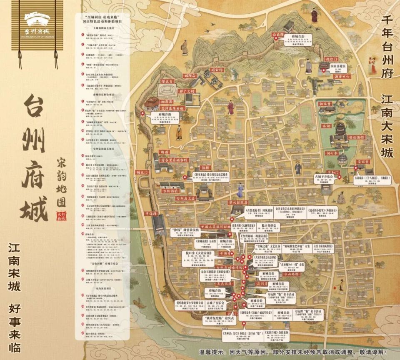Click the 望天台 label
point(167,82)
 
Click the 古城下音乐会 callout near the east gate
point(325,178)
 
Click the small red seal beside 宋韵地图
point(63,214)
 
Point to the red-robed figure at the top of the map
point(314,15)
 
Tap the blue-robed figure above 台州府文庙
point(240,190)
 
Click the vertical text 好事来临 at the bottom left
point(16,325)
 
